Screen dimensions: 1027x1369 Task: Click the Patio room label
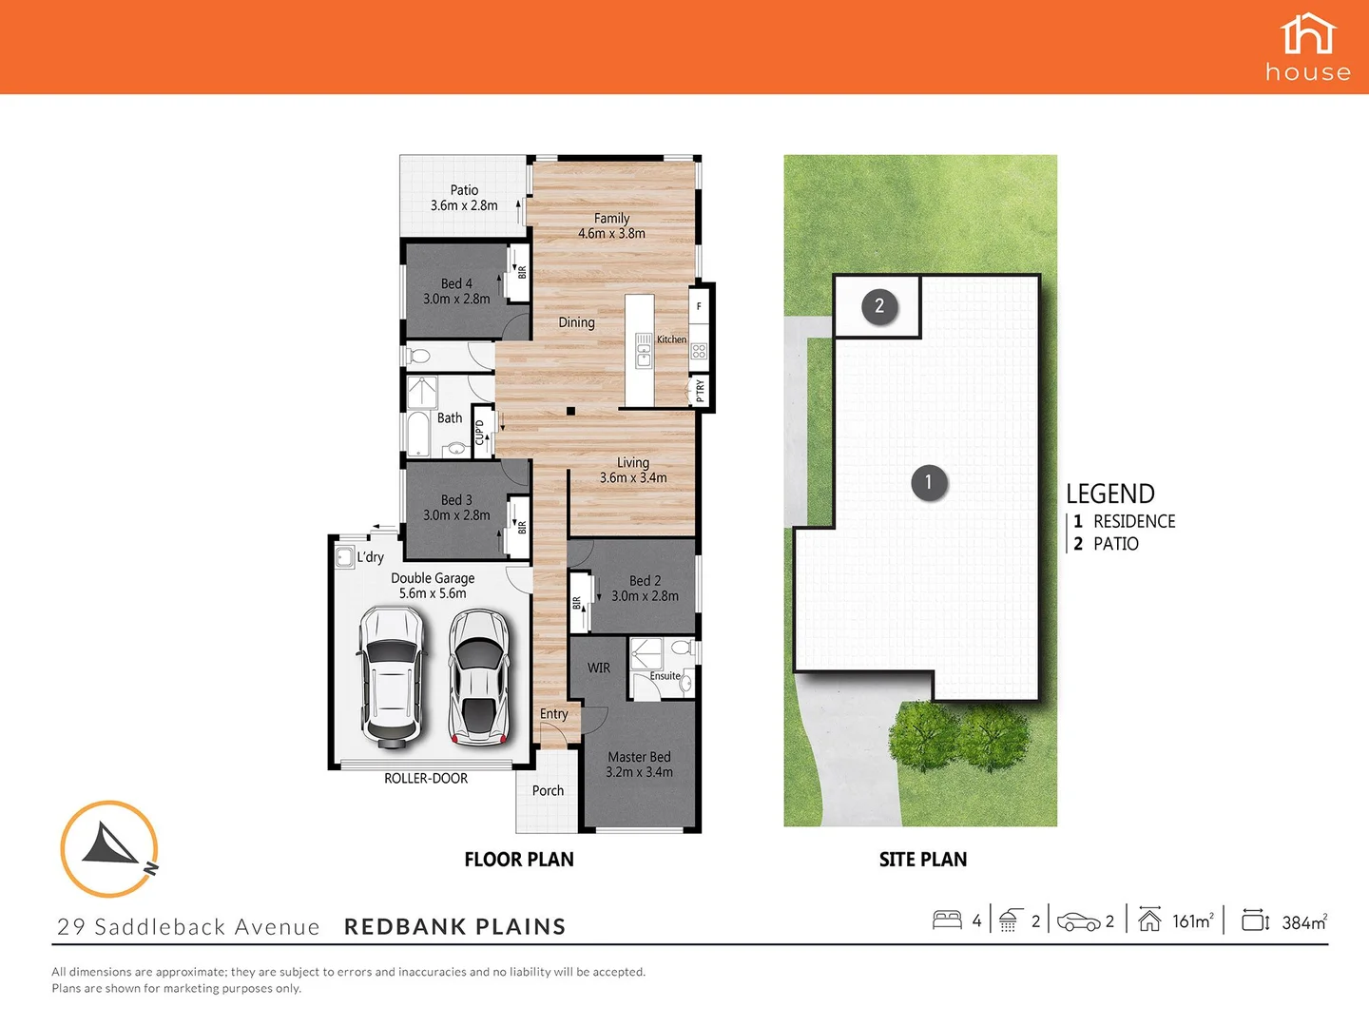click(464, 190)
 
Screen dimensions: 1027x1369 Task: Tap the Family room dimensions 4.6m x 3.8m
click(611, 234)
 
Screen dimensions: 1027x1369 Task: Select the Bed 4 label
click(456, 283)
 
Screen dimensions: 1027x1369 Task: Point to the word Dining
click(576, 322)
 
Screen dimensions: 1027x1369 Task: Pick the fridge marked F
click(699, 306)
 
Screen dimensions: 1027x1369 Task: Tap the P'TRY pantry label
click(701, 390)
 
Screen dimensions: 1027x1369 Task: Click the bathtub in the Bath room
click(418, 435)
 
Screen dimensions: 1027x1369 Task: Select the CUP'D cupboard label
click(480, 432)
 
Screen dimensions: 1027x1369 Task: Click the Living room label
click(633, 462)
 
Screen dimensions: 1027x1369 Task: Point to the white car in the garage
click(390, 675)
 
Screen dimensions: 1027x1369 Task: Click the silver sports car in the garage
click(479, 675)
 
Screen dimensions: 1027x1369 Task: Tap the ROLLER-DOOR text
click(426, 779)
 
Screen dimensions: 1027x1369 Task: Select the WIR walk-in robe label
click(599, 668)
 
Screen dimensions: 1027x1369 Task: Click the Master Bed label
click(639, 757)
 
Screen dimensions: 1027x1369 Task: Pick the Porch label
click(548, 790)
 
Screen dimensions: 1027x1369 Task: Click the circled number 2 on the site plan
click(879, 306)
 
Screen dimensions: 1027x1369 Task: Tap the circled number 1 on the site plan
click(929, 482)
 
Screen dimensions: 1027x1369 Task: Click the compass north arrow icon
click(109, 849)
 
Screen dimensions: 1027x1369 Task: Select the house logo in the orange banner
click(1308, 47)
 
